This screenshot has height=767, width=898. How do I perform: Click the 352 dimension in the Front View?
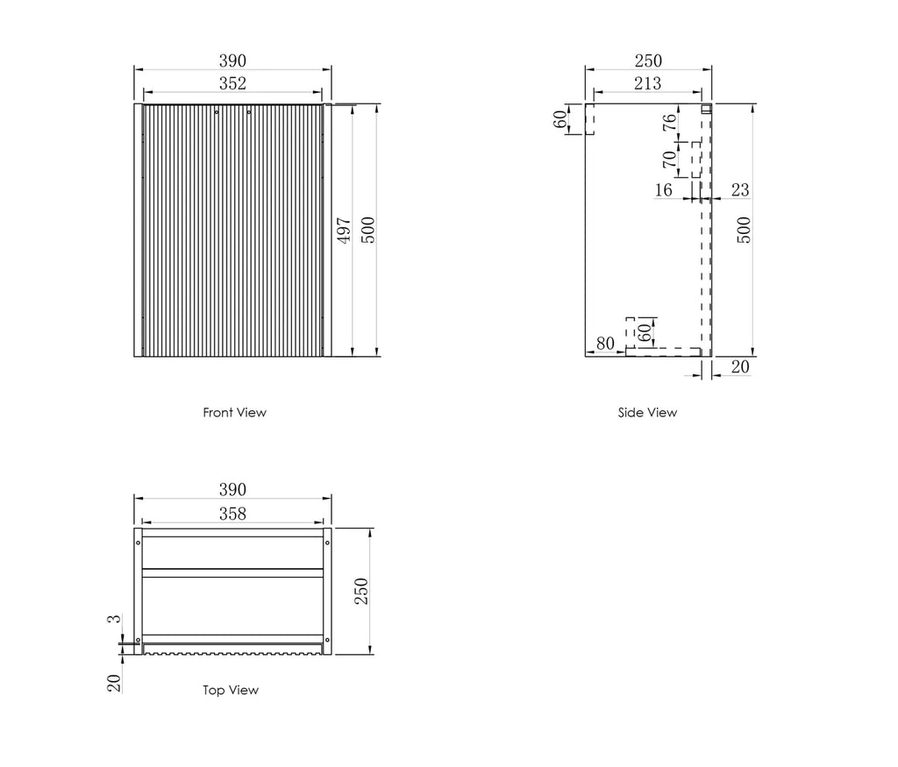pyautogui.click(x=232, y=83)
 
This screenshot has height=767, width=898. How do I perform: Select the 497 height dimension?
pyautogui.click(x=345, y=231)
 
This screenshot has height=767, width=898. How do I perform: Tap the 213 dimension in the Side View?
pyautogui.click(x=647, y=83)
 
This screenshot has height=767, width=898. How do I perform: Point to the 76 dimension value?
pyautogui.click(x=669, y=124)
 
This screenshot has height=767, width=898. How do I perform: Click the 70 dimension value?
pyautogui.click(x=669, y=160)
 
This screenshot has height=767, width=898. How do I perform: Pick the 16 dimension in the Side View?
pyautogui.click(x=663, y=189)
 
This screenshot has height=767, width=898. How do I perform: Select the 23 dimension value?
pyautogui.click(x=739, y=189)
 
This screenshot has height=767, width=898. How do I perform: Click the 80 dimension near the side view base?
pyautogui.click(x=605, y=343)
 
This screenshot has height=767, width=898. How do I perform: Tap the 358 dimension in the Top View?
pyautogui.click(x=232, y=514)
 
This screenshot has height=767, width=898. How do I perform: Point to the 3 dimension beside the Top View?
pyautogui.click(x=112, y=620)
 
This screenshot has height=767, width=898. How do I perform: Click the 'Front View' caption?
pyautogui.click(x=234, y=412)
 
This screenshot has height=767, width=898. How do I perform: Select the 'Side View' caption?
pyautogui.click(x=647, y=412)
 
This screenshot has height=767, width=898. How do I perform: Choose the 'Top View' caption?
pyautogui.click(x=231, y=690)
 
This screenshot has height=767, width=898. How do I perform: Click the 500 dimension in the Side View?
pyautogui.click(x=744, y=230)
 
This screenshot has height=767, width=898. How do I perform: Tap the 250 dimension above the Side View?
pyautogui.click(x=648, y=60)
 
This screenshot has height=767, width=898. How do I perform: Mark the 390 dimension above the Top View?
pyautogui.click(x=232, y=489)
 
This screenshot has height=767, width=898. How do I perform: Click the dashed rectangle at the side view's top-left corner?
pyautogui.click(x=589, y=118)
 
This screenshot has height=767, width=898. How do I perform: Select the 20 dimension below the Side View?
pyautogui.click(x=740, y=366)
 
